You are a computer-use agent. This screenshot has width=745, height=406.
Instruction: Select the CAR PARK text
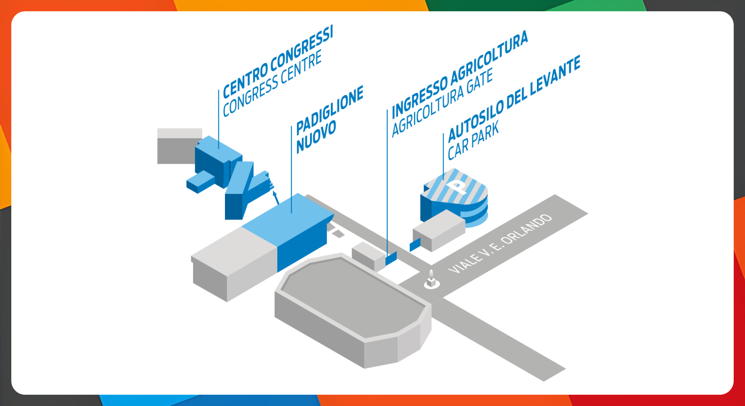coord(473,140)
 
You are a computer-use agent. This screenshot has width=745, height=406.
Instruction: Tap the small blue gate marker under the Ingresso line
coord(391,259)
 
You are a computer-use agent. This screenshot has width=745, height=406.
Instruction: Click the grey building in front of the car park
coord(439,230)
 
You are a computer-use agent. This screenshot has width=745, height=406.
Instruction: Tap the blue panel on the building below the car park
coord(415,245)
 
